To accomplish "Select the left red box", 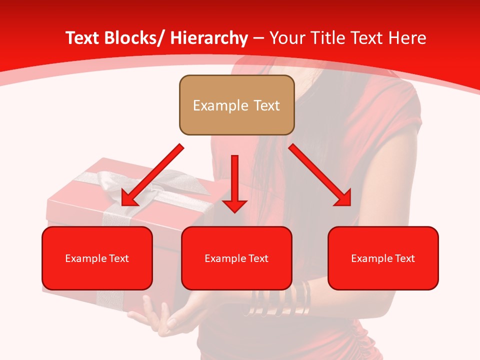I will pos(97,258).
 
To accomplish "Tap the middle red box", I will pos(236,258).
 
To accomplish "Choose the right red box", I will pos(383,258).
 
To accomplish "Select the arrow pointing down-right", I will pos(320,175).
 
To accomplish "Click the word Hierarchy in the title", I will pos(208,38).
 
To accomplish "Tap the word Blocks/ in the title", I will pos(133,38).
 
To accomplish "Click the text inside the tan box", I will pos(236,105).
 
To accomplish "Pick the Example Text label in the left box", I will pos(97,258).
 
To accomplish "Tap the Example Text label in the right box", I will pos(383,258).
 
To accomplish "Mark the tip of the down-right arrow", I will pos(349,204).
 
